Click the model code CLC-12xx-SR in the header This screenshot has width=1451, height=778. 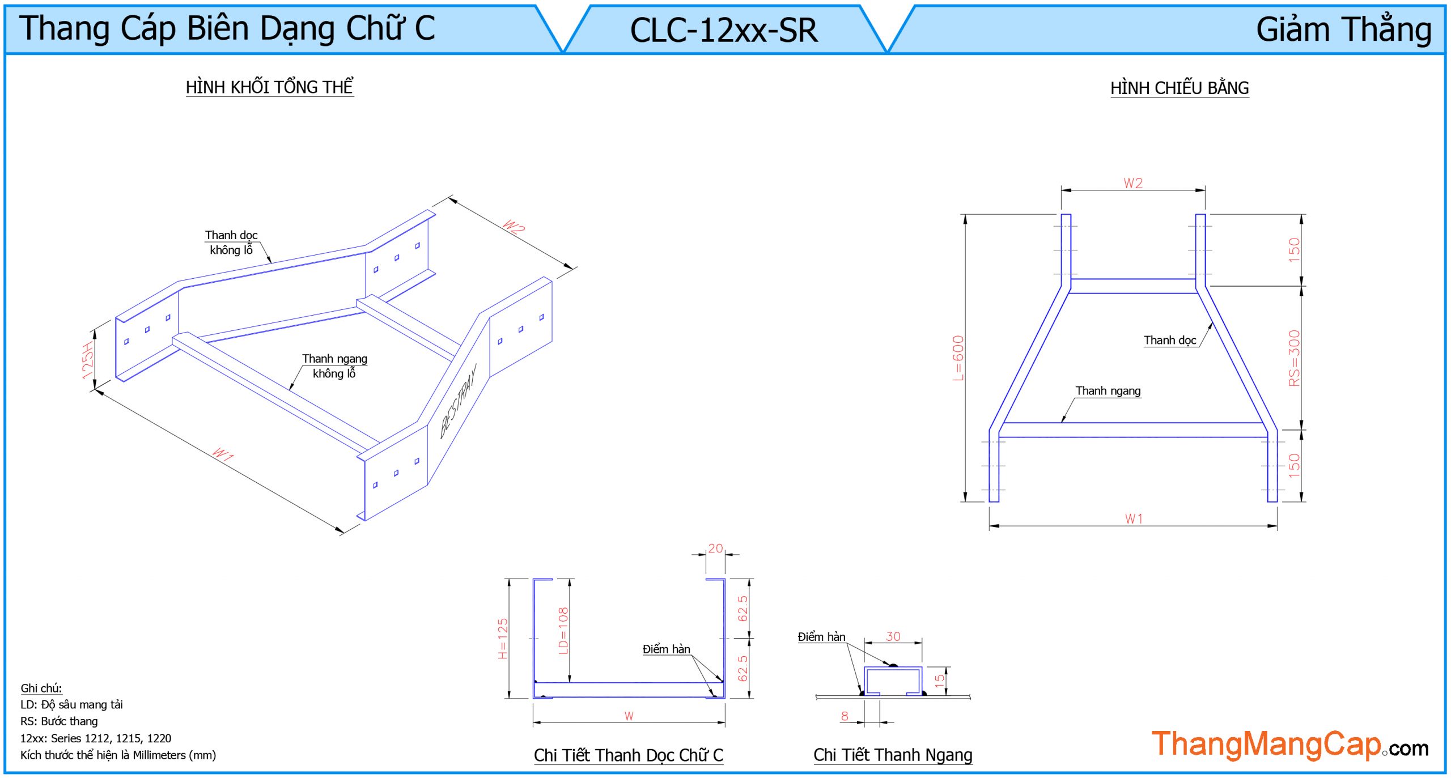point(724,30)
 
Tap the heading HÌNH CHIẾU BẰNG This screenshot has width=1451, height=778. point(1179,88)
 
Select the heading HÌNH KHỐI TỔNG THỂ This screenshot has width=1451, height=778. point(269,87)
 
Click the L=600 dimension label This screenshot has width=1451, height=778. point(958,358)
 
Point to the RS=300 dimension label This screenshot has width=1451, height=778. point(1294,358)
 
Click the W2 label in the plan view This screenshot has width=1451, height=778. point(1133,183)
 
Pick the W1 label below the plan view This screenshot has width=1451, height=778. point(1134,518)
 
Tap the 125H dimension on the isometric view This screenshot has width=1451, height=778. point(87,360)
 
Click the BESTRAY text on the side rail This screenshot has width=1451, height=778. point(459,401)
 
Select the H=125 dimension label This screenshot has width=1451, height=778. point(503,638)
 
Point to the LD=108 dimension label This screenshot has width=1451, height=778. point(563,631)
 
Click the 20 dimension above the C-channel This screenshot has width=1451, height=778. point(715,548)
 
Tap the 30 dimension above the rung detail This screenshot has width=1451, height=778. point(893,636)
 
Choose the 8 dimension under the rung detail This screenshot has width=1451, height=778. point(845,716)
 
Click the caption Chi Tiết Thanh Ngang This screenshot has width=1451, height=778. point(893,755)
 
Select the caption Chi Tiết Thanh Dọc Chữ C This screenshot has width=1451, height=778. point(628,755)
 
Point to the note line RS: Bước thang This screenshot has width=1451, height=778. point(59,721)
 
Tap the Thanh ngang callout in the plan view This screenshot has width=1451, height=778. point(1108,390)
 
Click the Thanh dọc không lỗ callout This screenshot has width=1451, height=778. point(231,243)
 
